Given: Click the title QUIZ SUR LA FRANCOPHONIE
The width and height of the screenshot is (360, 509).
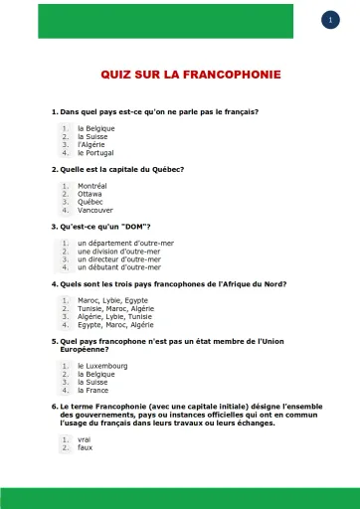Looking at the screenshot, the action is point(190,75).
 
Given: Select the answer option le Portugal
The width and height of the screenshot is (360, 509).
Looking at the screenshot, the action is point(95,153).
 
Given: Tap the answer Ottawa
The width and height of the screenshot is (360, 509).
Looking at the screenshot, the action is point(91,194).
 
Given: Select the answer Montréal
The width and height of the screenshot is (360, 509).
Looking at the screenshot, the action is point(92,186).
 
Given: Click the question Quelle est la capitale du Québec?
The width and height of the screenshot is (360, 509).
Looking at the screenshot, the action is point(117,169).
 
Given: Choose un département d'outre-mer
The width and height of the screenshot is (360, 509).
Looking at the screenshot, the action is point(118,243).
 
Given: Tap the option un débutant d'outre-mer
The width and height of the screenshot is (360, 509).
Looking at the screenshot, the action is point(118,266).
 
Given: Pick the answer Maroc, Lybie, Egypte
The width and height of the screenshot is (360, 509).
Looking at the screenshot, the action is point(112,299).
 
